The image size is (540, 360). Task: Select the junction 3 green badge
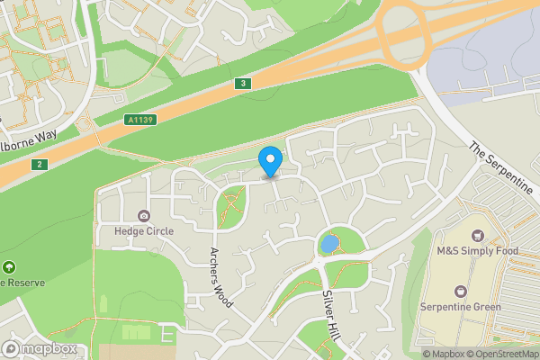click(x=241, y=84)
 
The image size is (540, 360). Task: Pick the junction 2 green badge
click(x=38, y=164)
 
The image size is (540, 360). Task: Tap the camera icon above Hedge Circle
click(x=143, y=215)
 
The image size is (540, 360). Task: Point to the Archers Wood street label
click(x=221, y=277)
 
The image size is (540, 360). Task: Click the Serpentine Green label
click(x=460, y=307)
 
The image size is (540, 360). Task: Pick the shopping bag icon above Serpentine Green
click(x=461, y=291)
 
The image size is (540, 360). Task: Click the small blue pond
click(x=329, y=243)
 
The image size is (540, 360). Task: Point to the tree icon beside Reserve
click(x=9, y=267)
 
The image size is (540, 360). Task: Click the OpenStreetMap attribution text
click(x=502, y=354)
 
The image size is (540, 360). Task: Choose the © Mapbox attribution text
click(x=443, y=354)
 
